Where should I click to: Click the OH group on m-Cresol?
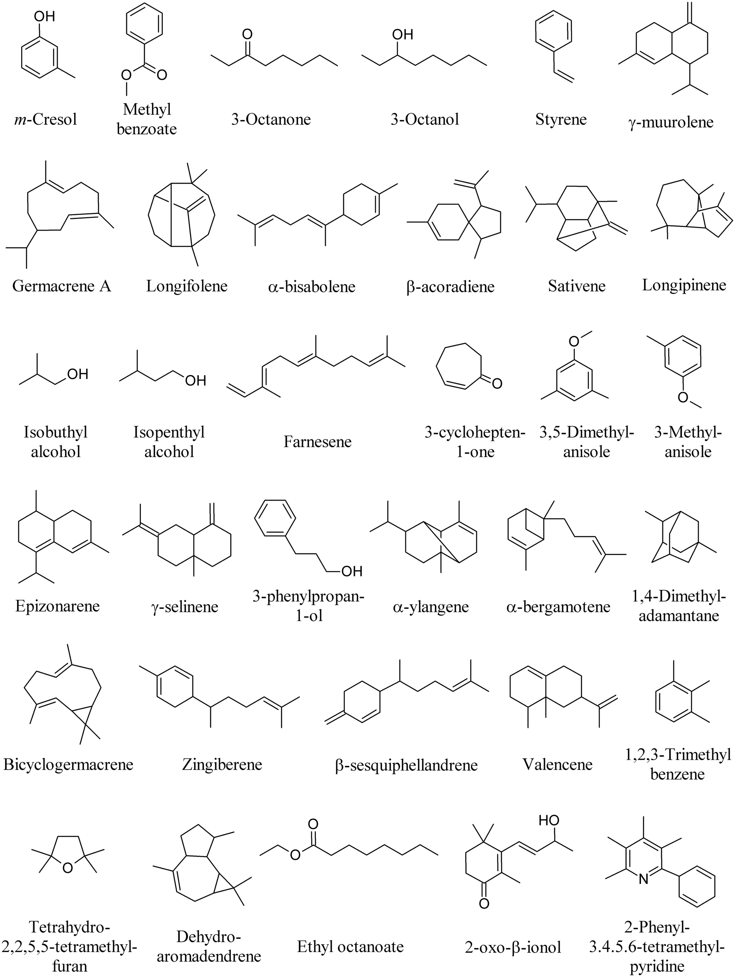click(45, 16)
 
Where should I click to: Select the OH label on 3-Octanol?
click(402, 34)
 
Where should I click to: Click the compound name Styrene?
click(561, 119)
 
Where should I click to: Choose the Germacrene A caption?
click(61, 286)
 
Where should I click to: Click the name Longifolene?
click(187, 286)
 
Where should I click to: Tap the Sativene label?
click(576, 286)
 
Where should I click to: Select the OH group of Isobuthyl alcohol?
click(78, 374)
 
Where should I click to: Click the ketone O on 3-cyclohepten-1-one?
click(497, 383)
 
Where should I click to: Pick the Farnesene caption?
click(318, 441)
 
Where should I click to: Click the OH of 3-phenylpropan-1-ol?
click(352, 571)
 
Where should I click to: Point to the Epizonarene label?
click(57, 606)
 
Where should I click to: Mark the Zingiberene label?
click(222, 764)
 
